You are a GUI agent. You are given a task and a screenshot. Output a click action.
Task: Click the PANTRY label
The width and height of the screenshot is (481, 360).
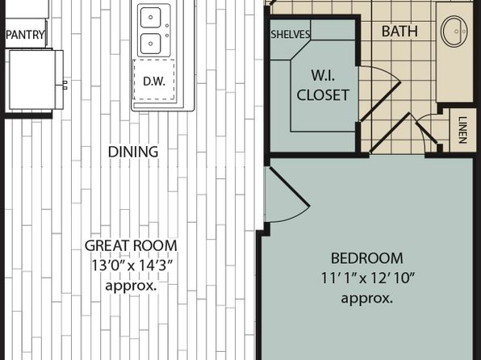click(26, 35)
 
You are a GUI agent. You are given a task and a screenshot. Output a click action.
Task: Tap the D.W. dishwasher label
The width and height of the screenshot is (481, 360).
click(154, 81)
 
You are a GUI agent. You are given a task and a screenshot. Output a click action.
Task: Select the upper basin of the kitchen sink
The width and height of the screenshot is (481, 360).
click(150, 18)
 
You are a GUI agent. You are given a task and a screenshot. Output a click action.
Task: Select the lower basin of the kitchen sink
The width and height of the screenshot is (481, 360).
click(150, 44)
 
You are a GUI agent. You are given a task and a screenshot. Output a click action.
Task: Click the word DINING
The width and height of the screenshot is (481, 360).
click(133, 152)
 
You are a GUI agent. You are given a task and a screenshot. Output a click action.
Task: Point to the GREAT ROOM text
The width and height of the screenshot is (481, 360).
click(131, 245)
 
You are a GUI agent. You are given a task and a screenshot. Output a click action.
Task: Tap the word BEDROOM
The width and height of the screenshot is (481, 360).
click(367, 258)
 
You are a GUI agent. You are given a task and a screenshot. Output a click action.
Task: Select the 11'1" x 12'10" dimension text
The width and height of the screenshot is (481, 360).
click(367, 278)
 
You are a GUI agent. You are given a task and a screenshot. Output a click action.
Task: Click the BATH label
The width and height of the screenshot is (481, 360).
click(399, 31)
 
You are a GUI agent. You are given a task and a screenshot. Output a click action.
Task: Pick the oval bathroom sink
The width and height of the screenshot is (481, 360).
click(454, 31)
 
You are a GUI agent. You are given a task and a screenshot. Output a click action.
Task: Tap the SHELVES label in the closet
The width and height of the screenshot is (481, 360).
click(291, 35)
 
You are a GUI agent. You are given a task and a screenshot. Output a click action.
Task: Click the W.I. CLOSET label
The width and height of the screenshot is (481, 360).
click(323, 85)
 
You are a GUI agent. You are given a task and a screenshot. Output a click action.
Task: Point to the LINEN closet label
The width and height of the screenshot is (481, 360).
click(462, 130)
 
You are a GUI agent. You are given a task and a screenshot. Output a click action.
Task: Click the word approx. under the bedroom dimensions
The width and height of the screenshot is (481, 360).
click(367, 298)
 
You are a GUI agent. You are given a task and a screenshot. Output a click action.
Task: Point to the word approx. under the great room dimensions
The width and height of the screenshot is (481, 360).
click(131, 286)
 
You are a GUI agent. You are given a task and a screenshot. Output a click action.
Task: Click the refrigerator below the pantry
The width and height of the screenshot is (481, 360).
click(35, 80)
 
